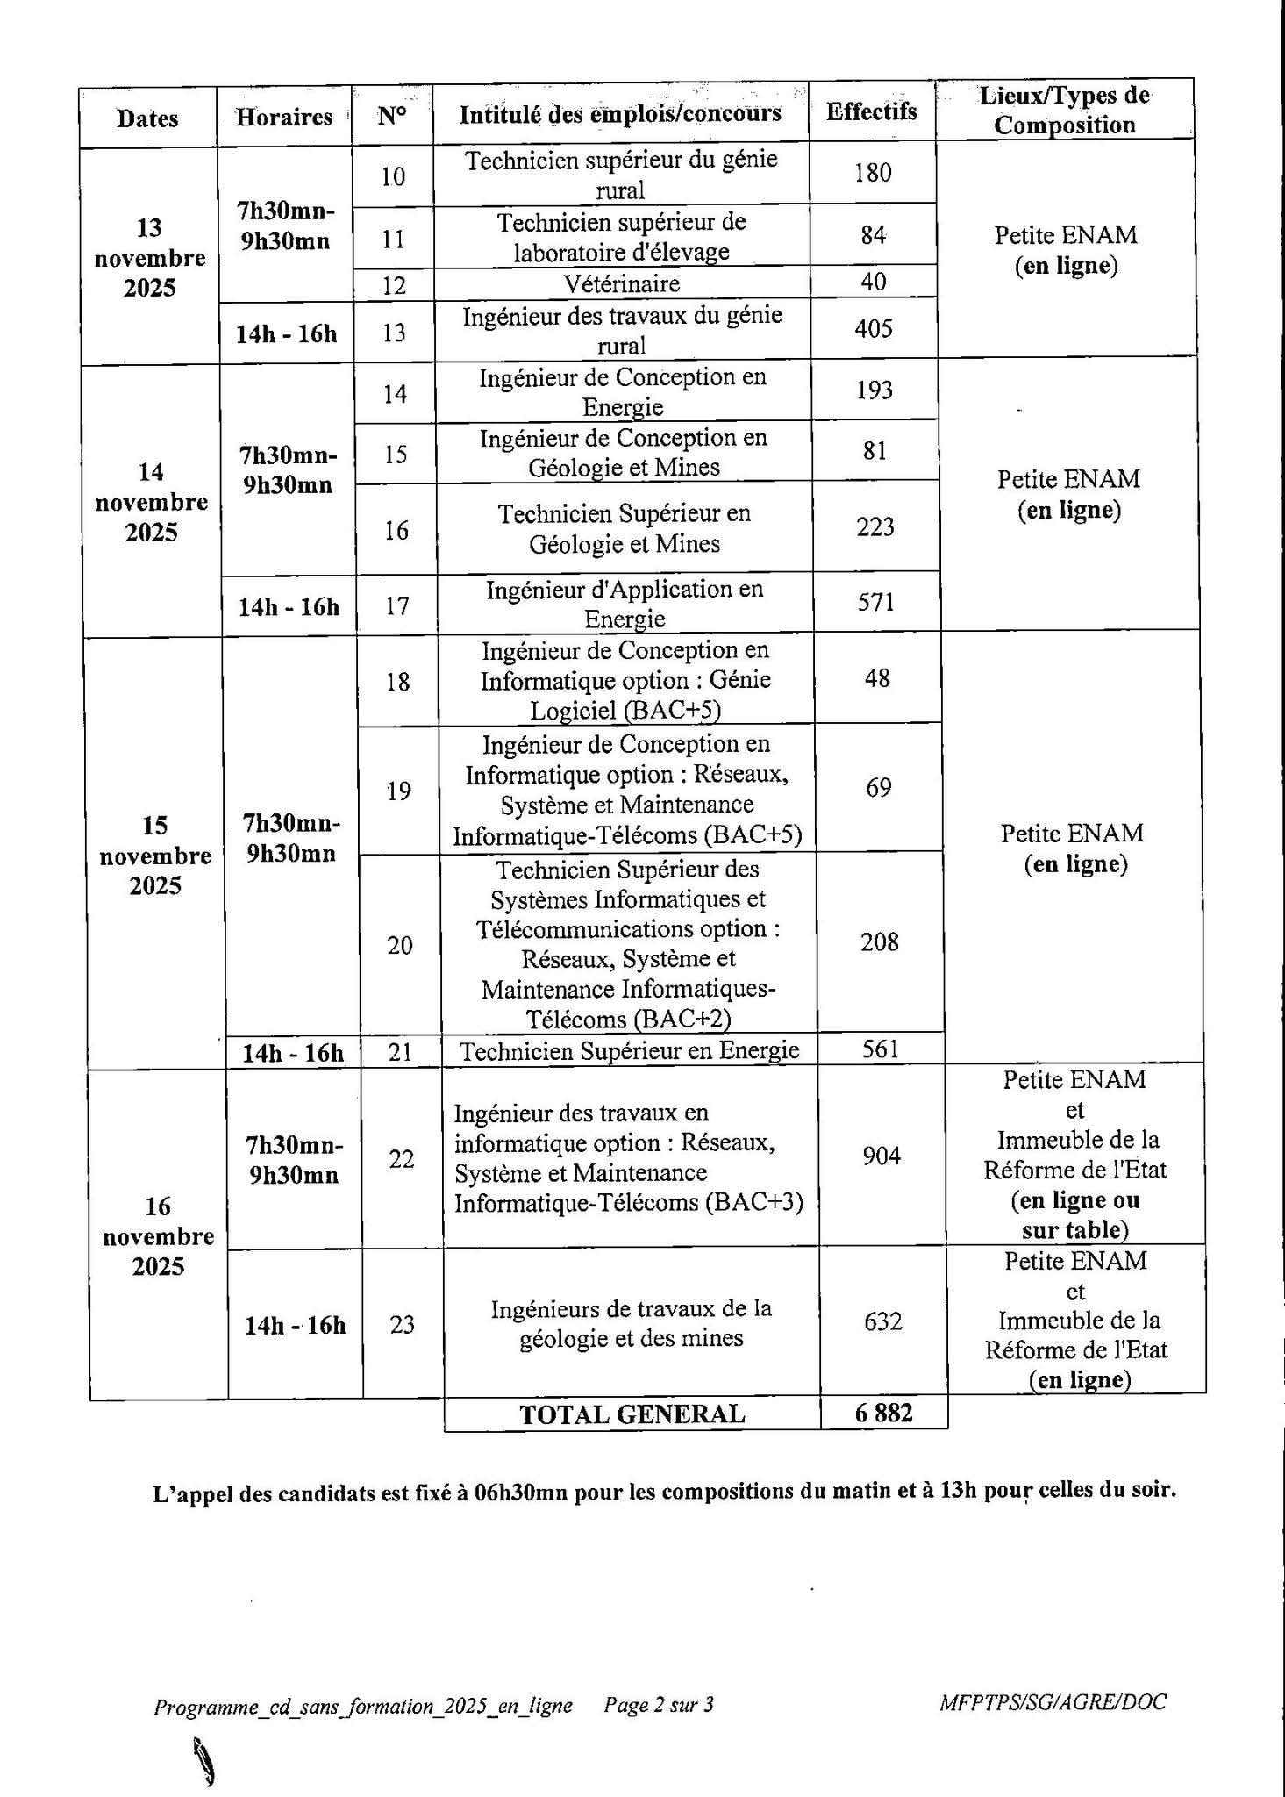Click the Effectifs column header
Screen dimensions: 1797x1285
(x=871, y=111)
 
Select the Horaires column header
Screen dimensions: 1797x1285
(x=283, y=117)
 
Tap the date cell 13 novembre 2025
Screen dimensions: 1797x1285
(x=150, y=257)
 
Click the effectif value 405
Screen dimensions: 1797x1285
(x=874, y=329)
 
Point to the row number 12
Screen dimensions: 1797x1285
(x=394, y=284)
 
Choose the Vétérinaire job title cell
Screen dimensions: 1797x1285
(x=622, y=283)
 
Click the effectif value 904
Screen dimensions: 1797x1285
(x=882, y=1156)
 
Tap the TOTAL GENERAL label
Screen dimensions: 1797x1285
(x=632, y=1414)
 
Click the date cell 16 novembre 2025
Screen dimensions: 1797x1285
(x=158, y=1235)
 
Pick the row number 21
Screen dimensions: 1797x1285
(x=400, y=1051)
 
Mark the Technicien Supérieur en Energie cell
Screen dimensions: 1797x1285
(x=629, y=1050)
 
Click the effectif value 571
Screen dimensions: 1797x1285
(x=875, y=602)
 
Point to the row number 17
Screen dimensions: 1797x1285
(x=397, y=605)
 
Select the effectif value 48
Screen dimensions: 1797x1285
(x=877, y=678)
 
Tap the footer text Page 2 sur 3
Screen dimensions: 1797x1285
(x=659, y=1705)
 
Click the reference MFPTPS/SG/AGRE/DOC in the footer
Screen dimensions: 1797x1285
(x=1053, y=1702)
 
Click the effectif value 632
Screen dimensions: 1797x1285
(x=882, y=1321)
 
